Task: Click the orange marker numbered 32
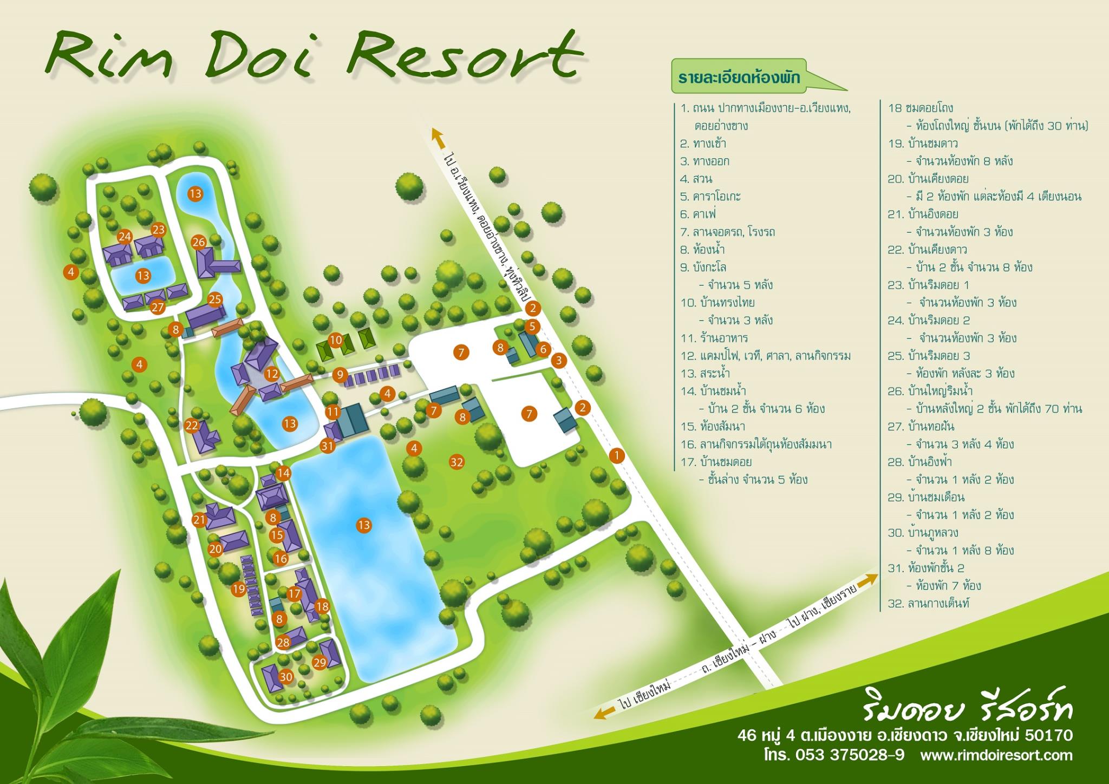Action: coord(456,462)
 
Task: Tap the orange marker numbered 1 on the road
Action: coord(616,455)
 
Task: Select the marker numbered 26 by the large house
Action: coord(199,241)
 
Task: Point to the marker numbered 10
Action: coord(336,340)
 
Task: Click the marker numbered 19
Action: coord(239,589)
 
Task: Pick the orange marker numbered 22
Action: coord(192,426)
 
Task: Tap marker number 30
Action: coord(286,677)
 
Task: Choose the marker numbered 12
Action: coord(272,374)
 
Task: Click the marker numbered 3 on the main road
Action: coord(559,360)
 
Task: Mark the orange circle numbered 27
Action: coord(158,307)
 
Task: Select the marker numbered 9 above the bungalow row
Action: coord(340,374)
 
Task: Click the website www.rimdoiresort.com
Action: coord(996,755)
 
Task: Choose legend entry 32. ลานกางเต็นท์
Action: coord(928,603)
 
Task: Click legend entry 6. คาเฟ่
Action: coord(702,214)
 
